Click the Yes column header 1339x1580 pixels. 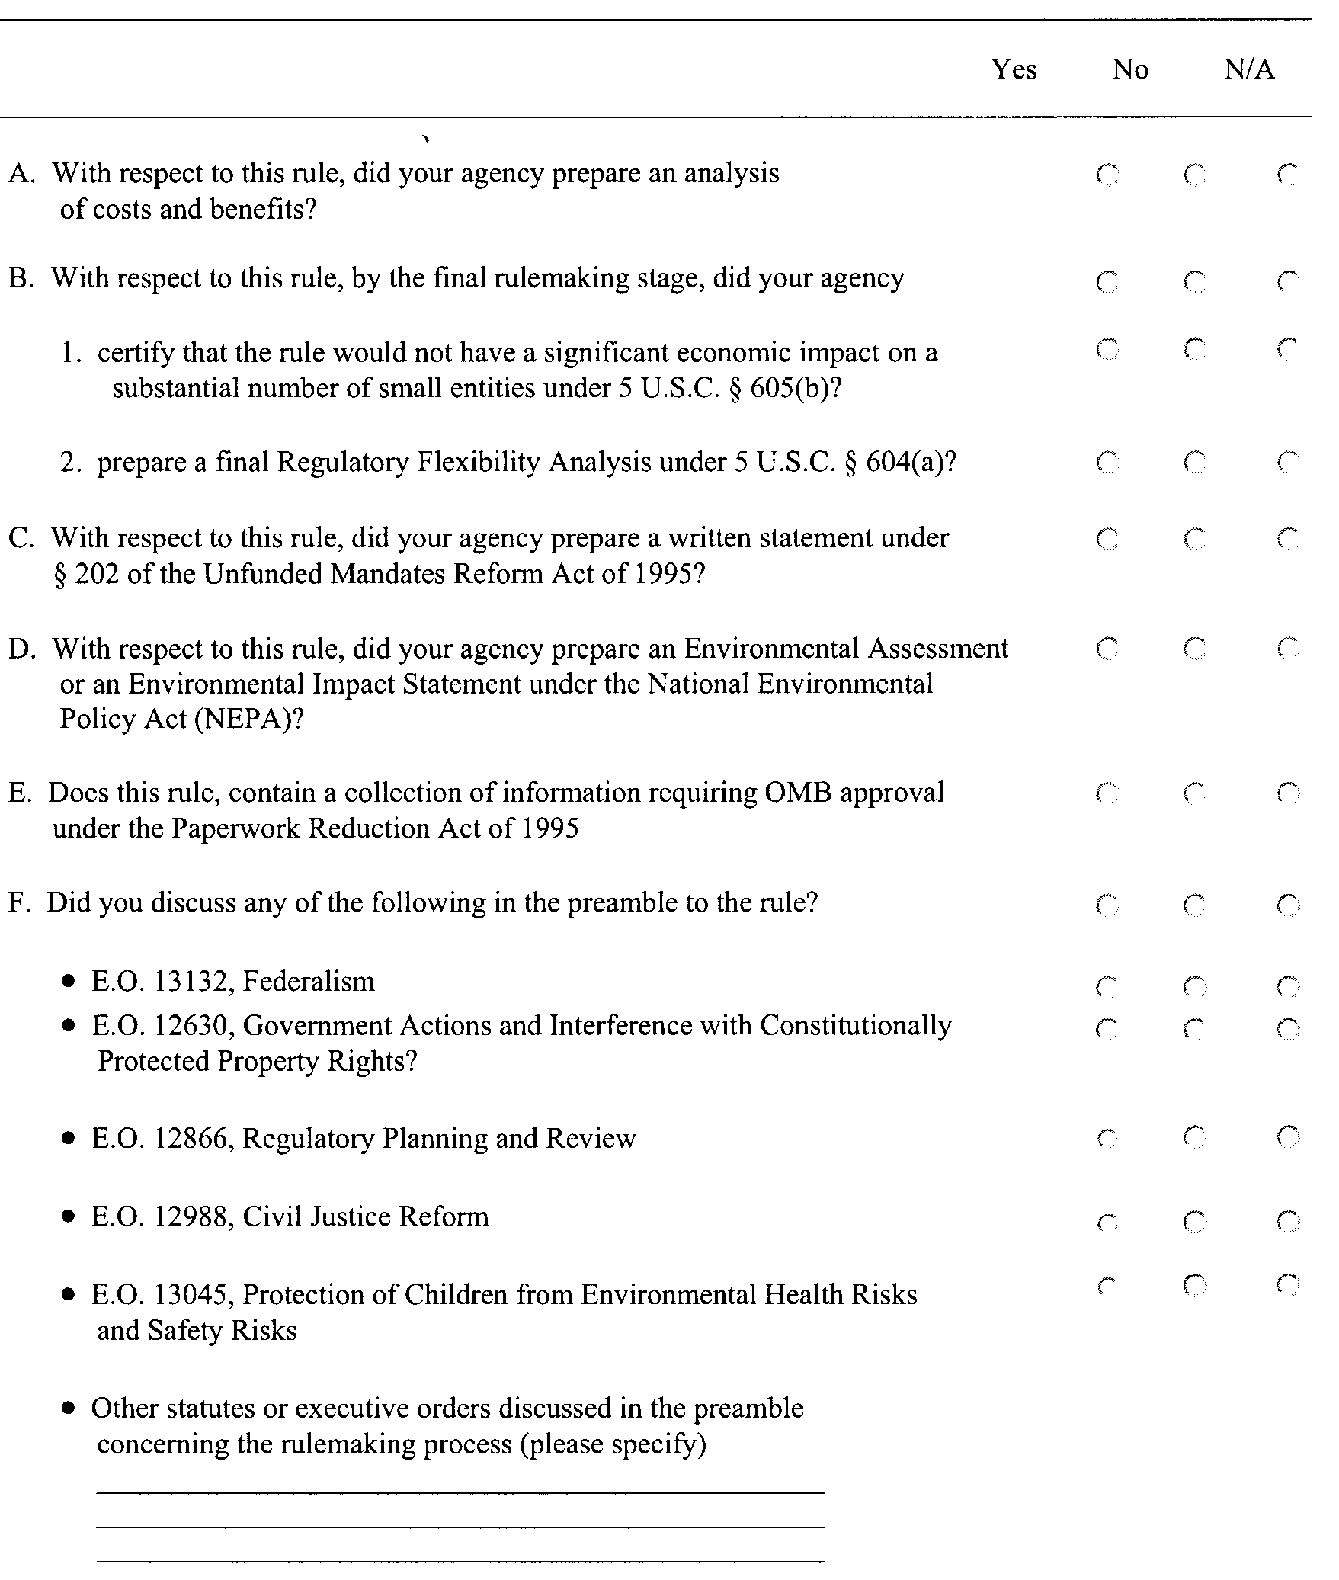click(x=1014, y=69)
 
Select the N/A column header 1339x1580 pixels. click(x=1249, y=69)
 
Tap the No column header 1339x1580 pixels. click(x=1130, y=69)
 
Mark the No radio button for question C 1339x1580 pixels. click(x=1195, y=540)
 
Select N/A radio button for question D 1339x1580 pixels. click(x=1288, y=649)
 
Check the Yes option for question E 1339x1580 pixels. click(x=1107, y=794)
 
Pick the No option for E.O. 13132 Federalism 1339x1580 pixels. click(x=1195, y=988)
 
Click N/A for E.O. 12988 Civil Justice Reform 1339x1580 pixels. click(x=1288, y=1223)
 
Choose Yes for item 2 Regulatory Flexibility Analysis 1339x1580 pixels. click(x=1107, y=462)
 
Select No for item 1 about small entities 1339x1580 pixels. click(x=1195, y=350)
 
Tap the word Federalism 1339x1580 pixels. click(x=309, y=982)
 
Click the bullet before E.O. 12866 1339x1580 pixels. click(x=70, y=1139)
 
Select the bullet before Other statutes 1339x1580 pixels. click(x=70, y=1409)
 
